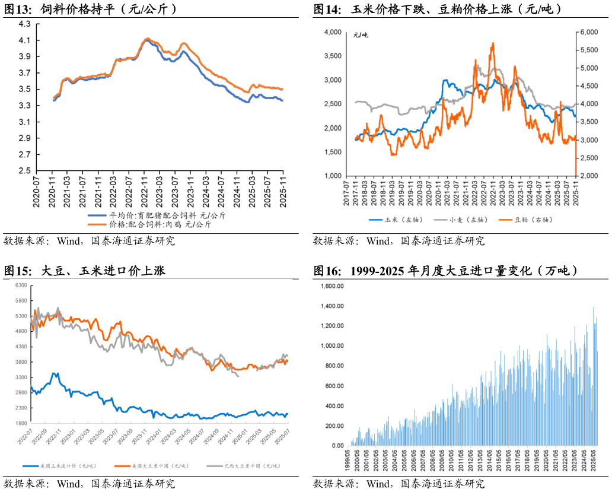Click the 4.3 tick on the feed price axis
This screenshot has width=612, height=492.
pyautogui.click(x=24, y=24)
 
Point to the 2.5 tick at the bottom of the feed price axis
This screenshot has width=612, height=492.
pyautogui.click(x=24, y=171)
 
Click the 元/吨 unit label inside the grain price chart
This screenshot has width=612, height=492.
pyautogui.click(x=361, y=36)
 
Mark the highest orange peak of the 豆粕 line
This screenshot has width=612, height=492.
pyautogui.click(x=492, y=43)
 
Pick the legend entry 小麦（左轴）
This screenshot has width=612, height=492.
pyautogui.click(x=468, y=220)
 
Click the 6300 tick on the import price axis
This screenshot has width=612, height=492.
pyautogui.click(x=21, y=285)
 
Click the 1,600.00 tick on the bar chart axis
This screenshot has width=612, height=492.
pyautogui.click(x=332, y=286)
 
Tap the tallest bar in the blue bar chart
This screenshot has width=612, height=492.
pyautogui.click(x=593, y=307)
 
